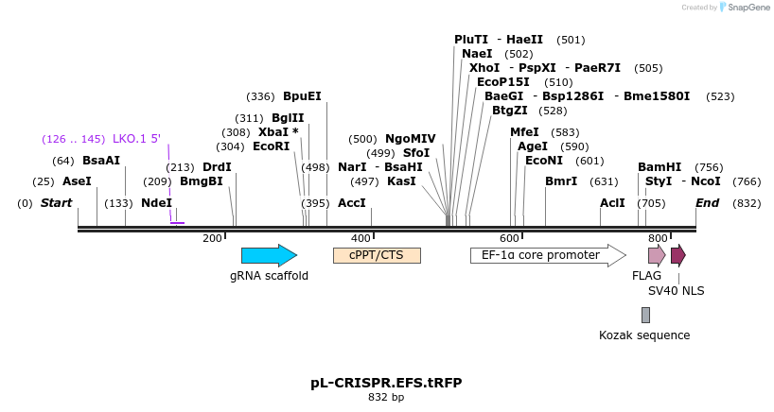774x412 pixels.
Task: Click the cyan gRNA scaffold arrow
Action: tap(269, 255)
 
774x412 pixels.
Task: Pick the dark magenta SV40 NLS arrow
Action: tap(677, 255)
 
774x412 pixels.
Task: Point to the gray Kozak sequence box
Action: tap(645, 315)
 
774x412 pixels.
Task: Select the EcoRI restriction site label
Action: tap(272, 146)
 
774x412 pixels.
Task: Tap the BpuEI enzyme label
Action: tap(302, 96)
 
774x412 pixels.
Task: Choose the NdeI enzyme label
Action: tap(157, 203)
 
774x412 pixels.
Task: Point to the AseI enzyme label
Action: tap(78, 180)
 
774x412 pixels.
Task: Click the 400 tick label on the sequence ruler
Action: tap(361, 238)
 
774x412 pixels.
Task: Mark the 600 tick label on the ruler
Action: tap(509, 238)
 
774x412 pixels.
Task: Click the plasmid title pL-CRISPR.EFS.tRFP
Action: tap(386, 383)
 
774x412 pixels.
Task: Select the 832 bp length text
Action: tap(386, 397)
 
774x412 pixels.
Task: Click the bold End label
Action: tap(708, 203)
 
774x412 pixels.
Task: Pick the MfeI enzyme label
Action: tap(524, 132)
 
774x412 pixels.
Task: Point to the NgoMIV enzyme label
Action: tap(411, 139)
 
